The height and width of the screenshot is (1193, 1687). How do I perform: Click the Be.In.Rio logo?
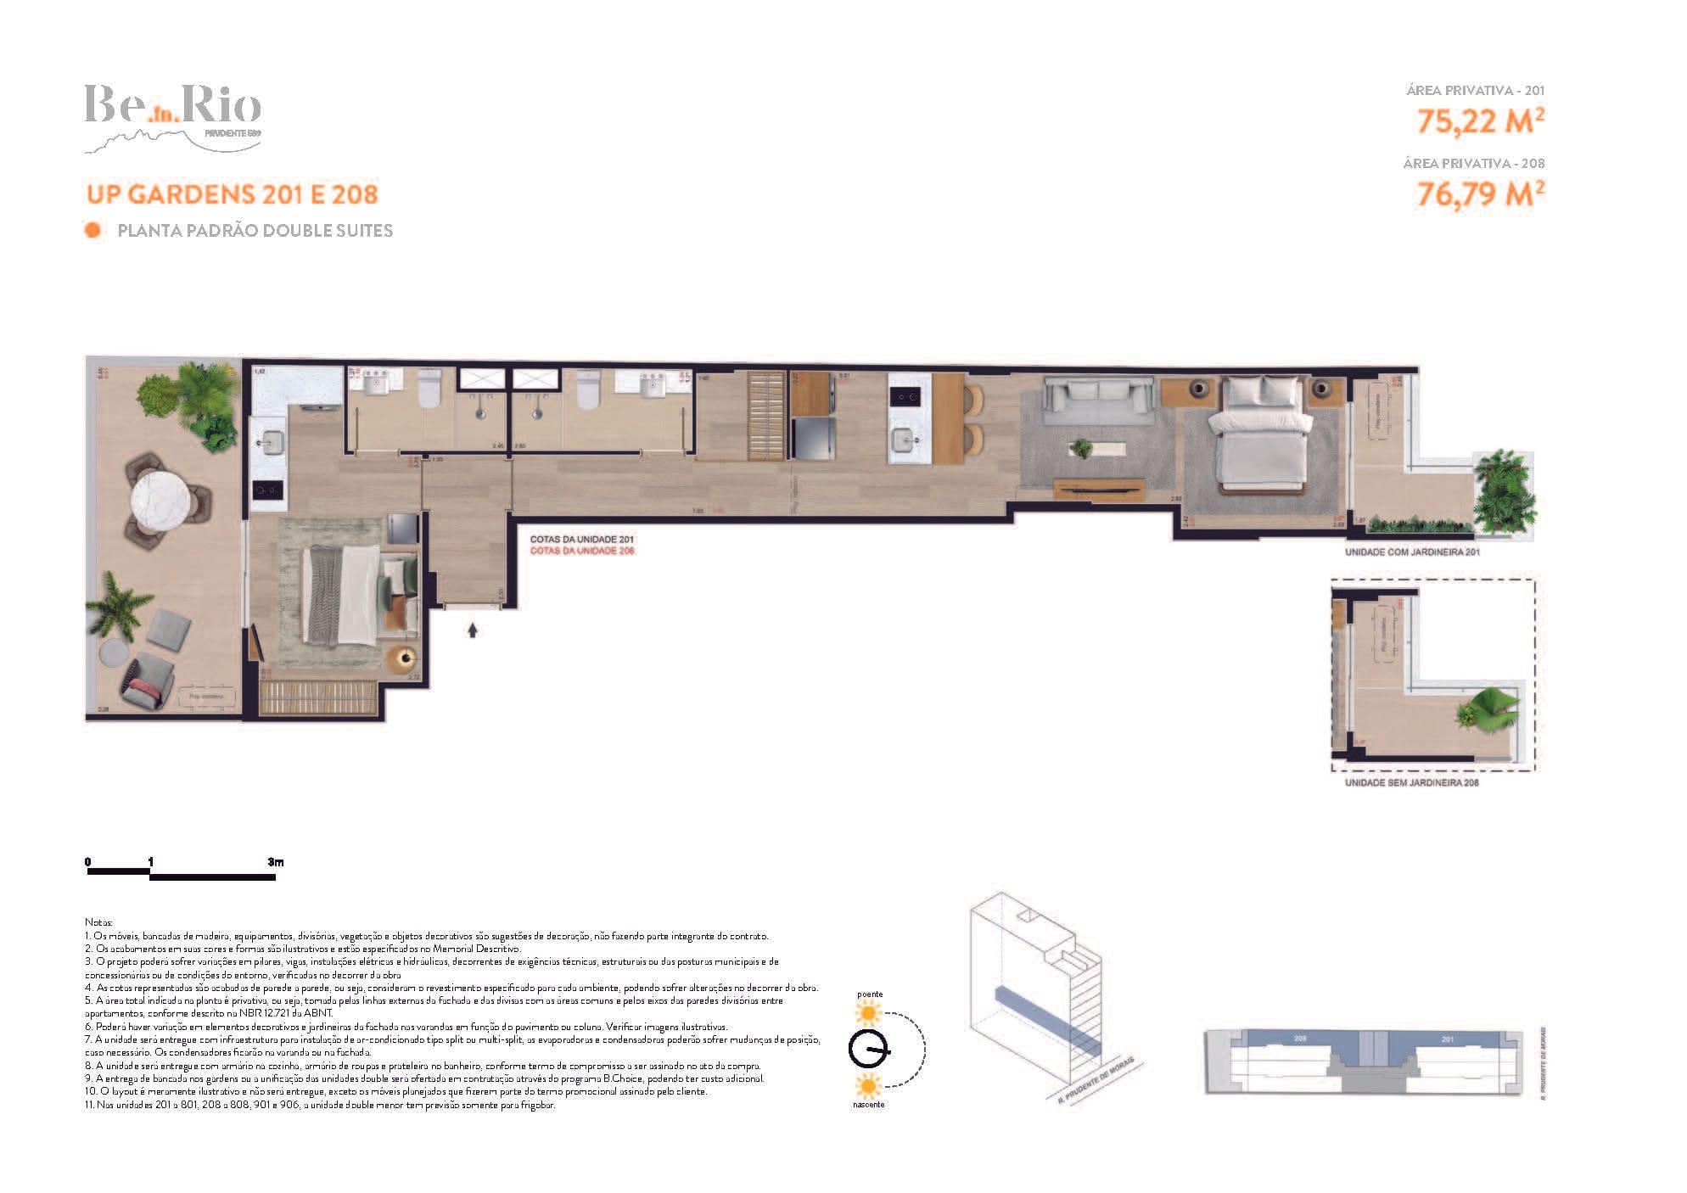tap(172, 117)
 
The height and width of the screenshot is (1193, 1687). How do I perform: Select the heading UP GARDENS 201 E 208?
tap(232, 194)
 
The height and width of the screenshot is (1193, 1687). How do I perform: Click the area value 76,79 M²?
tap(1480, 194)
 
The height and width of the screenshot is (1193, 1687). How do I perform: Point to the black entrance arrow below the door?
tap(473, 630)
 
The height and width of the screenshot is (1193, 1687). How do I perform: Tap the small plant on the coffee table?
tap(1081, 448)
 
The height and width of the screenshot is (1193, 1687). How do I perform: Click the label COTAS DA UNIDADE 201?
tap(582, 539)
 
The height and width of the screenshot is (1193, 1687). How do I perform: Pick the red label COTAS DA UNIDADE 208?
tap(582, 551)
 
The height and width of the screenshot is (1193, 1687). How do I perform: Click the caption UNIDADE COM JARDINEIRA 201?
tap(1412, 552)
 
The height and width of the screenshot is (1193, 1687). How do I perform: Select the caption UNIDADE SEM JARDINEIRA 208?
tap(1411, 782)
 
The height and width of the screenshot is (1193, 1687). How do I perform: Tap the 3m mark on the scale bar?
tap(275, 863)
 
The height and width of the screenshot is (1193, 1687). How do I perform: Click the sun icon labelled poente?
tap(868, 1012)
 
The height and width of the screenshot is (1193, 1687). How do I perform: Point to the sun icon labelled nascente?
tap(868, 1085)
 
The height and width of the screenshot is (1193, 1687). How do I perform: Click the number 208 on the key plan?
tap(1300, 1039)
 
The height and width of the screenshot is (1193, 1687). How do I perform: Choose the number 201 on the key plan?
tap(1448, 1039)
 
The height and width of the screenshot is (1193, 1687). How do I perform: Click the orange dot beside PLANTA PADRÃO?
tap(92, 230)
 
